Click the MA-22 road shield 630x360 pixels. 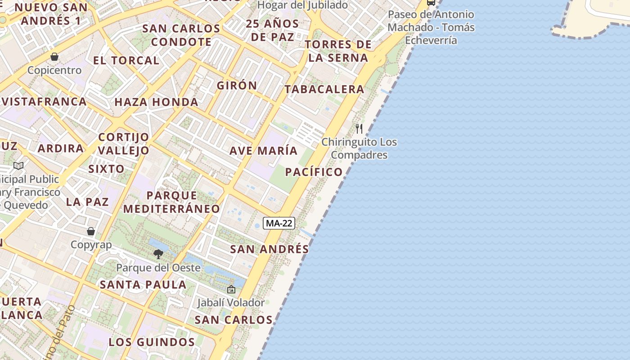[279, 223]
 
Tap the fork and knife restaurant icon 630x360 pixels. [359, 129]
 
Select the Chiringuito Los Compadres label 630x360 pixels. [359, 148]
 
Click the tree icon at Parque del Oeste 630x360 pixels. [158, 254]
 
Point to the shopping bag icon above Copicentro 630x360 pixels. [54, 57]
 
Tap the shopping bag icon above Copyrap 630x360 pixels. [91, 231]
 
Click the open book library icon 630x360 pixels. [18, 166]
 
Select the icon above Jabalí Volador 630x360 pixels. [231, 289]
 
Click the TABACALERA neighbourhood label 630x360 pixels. [324, 89]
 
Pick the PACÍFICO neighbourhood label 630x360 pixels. [314, 172]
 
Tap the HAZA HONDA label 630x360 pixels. [156, 102]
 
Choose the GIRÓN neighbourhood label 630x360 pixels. [237, 85]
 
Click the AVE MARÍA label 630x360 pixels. [264, 151]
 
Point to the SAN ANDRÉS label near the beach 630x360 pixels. [270, 249]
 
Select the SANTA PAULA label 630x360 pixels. [143, 284]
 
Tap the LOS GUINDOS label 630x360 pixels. [152, 342]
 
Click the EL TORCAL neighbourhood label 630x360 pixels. [126, 60]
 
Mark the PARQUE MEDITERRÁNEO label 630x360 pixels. [171, 202]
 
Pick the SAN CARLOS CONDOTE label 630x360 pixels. [181, 35]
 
